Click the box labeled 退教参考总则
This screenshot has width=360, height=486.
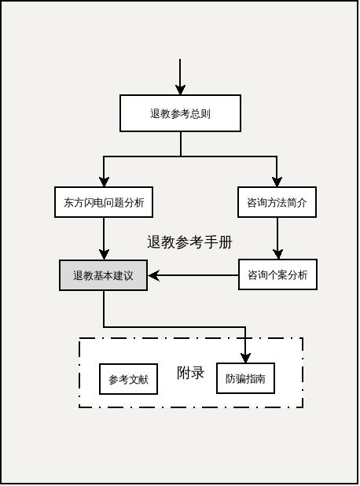[x=180, y=113]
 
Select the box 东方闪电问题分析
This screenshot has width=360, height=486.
[x=104, y=202]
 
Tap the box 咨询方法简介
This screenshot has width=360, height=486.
[x=277, y=202]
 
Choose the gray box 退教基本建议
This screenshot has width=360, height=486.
[x=103, y=275]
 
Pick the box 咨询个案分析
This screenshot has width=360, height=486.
[x=277, y=275]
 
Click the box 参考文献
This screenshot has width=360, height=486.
[x=129, y=379]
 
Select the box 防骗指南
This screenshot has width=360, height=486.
[x=245, y=378]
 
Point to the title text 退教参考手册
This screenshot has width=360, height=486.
[x=189, y=242]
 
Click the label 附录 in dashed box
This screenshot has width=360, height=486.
[x=190, y=373]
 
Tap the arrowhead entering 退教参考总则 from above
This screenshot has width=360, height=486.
[x=181, y=90]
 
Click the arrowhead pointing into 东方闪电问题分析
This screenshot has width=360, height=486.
[x=104, y=182]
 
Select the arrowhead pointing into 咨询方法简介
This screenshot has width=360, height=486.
[x=277, y=182]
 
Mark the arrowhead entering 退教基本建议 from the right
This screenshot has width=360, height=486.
[x=153, y=275]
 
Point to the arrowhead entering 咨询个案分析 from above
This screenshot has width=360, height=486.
[x=277, y=254]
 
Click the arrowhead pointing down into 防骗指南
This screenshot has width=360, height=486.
[x=245, y=358]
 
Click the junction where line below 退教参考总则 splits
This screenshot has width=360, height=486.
[x=181, y=156]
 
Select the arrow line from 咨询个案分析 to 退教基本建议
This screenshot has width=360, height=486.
[x=197, y=275]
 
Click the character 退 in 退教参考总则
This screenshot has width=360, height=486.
[x=155, y=113]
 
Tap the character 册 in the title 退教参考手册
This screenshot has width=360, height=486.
[x=226, y=242]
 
